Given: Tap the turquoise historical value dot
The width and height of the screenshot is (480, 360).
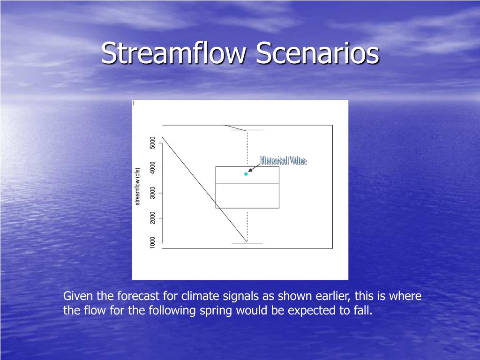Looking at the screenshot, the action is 246,174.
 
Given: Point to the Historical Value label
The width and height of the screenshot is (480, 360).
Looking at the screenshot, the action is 283,160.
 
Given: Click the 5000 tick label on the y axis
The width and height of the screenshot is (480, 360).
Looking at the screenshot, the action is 153,142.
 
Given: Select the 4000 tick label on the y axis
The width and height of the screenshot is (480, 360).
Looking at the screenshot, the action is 153,168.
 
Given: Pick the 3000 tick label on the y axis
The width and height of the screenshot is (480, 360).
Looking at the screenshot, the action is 153,193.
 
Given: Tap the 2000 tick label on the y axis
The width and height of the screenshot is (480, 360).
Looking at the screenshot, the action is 153,218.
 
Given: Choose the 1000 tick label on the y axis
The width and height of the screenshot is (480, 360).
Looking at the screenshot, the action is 153,243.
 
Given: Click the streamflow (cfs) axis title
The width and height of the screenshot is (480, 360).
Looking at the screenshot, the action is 138,187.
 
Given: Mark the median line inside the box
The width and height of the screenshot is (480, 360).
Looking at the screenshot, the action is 247,184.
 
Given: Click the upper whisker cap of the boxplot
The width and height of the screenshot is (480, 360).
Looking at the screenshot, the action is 247,130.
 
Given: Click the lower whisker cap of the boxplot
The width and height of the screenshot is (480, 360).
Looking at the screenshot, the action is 247,244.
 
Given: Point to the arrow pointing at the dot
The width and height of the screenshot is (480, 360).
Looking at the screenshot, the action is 254,168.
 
